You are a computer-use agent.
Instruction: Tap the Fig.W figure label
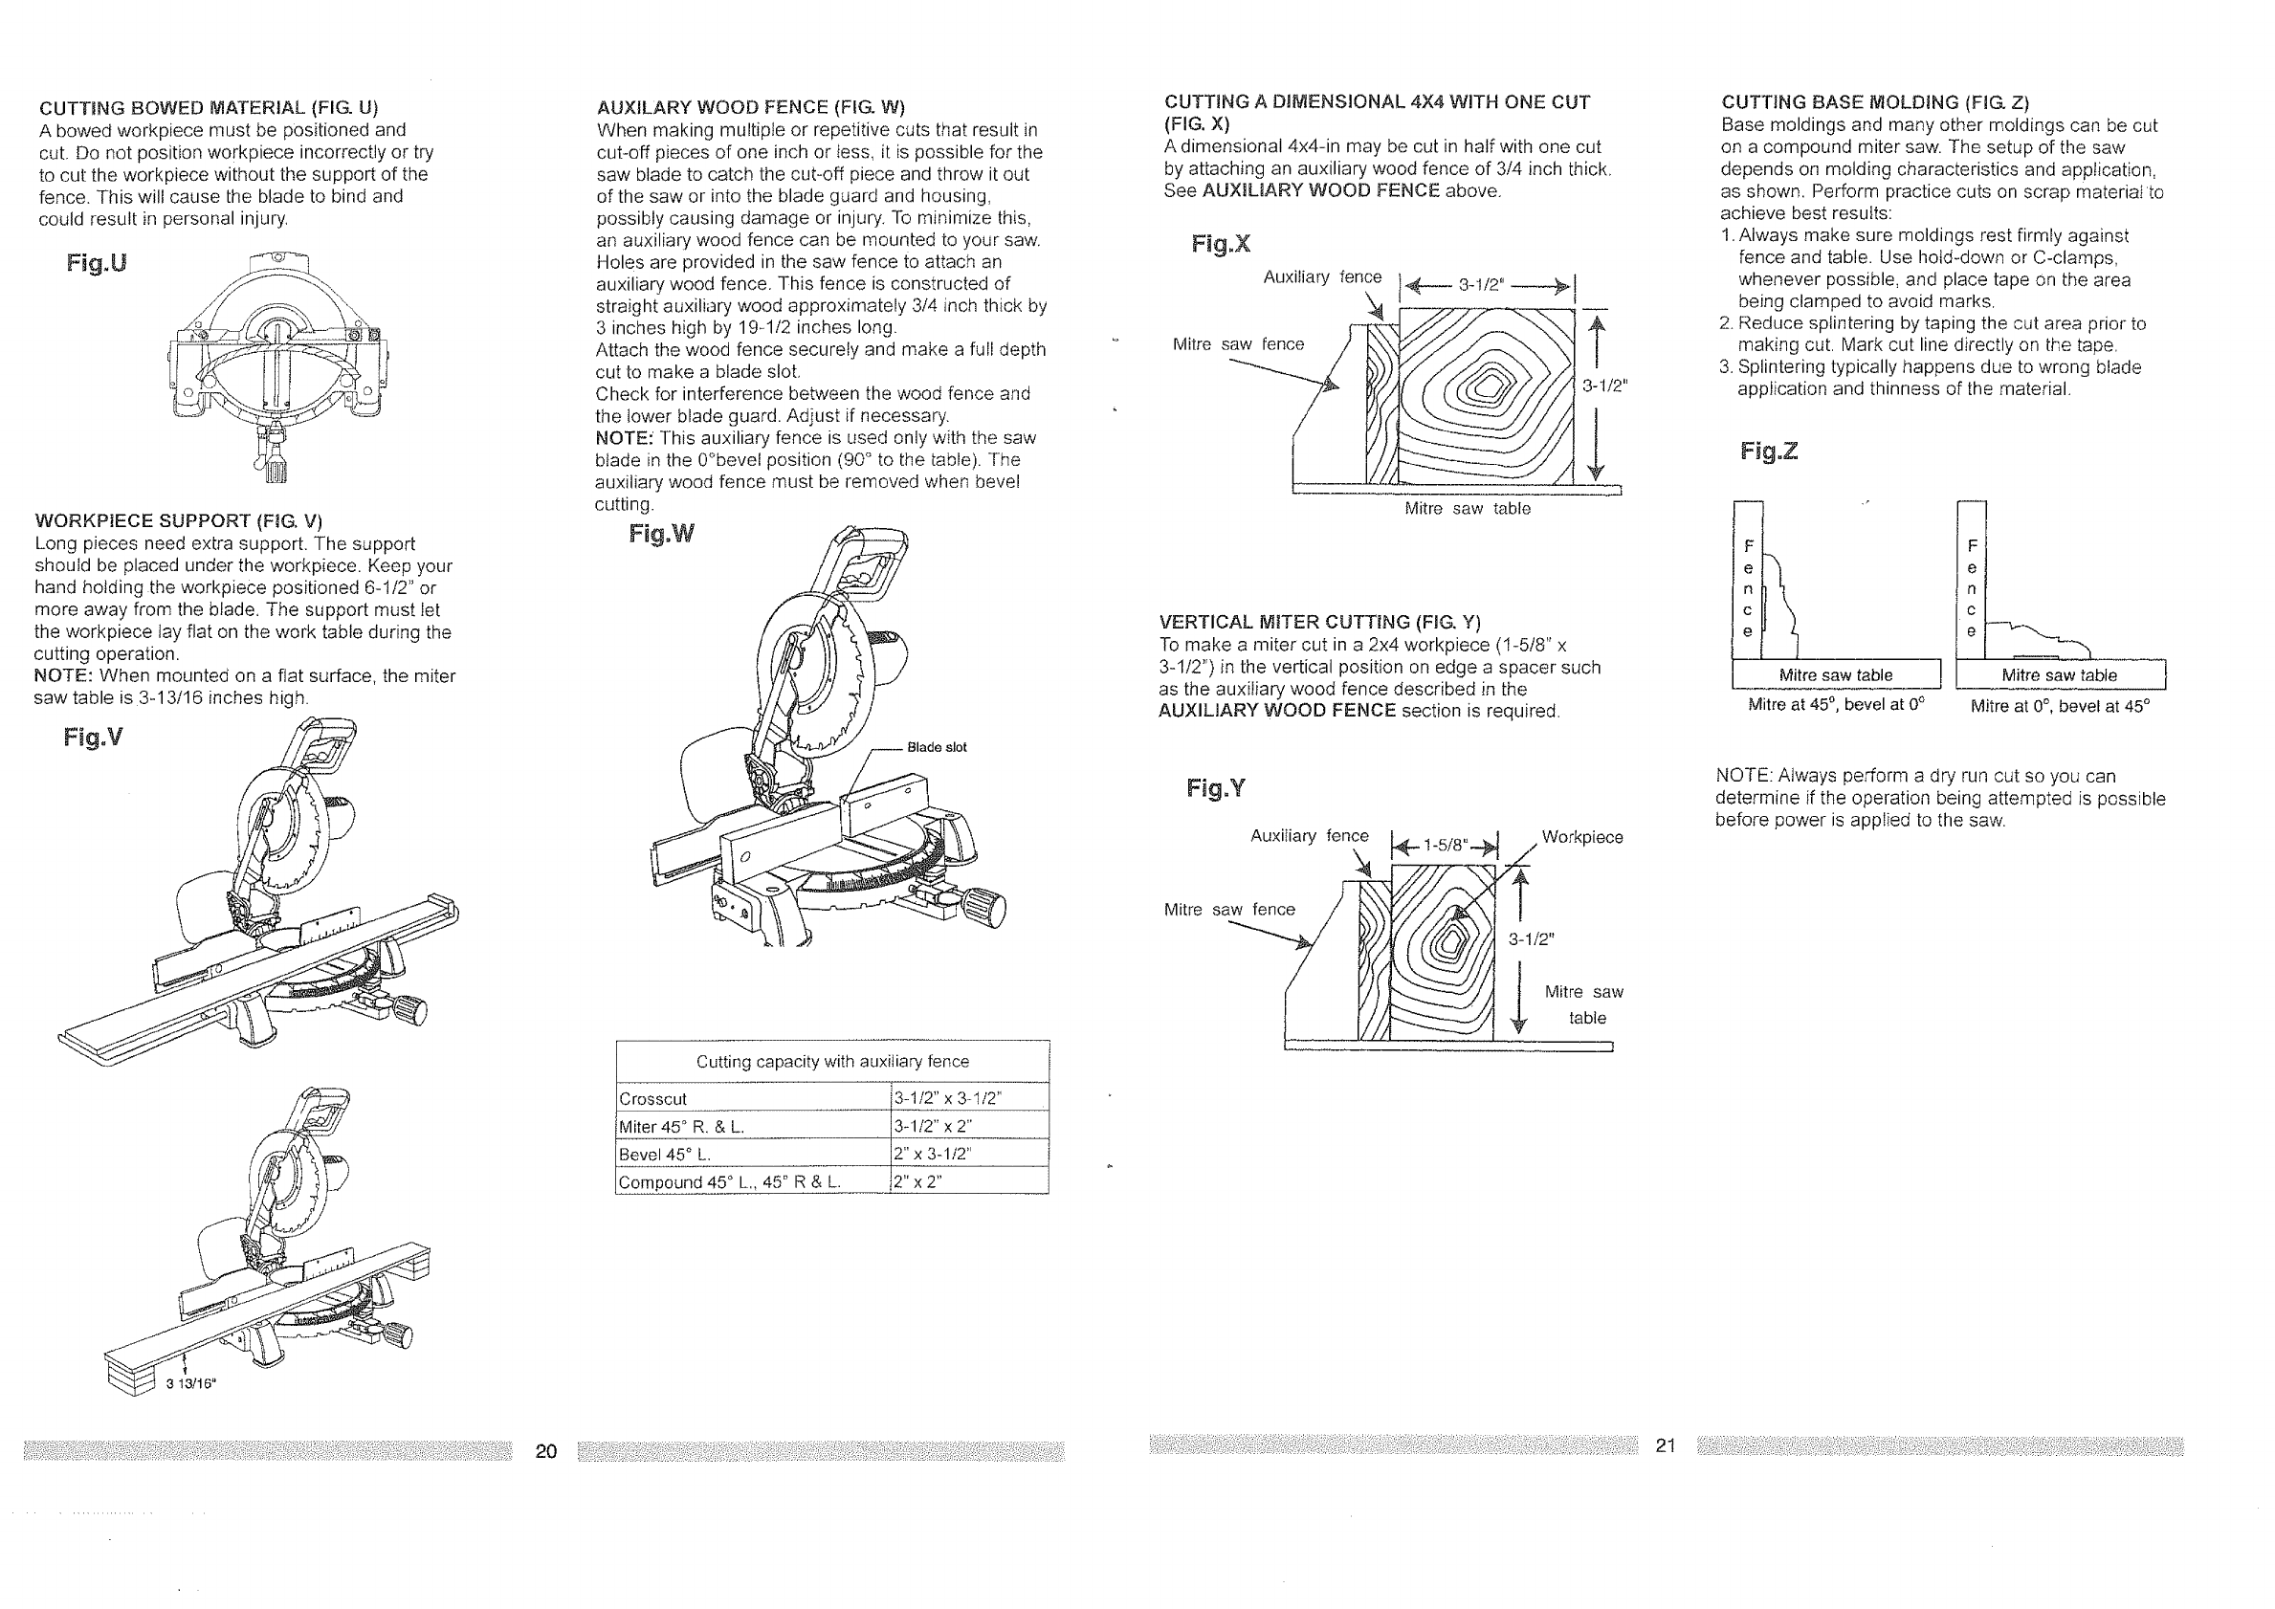click(661, 534)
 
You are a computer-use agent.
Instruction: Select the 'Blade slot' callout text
click(937, 747)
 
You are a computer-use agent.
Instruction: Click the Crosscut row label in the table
click(653, 1099)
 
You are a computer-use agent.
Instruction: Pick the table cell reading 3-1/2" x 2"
click(934, 1127)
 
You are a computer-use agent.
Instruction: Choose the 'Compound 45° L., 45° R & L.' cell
click(729, 1182)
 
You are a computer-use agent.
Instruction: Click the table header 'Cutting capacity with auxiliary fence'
click(832, 1061)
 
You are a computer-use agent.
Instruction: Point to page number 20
click(546, 1451)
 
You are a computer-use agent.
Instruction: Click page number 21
click(1665, 1445)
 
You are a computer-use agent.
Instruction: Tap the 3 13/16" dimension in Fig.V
click(190, 1384)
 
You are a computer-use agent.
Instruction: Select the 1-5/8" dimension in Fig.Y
click(1445, 845)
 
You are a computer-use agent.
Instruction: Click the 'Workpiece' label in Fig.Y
click(1582, 837)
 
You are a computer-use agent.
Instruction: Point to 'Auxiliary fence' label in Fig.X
click(1322, 277)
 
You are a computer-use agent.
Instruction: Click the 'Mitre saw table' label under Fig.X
click(1468, 508)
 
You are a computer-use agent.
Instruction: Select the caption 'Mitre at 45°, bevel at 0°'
click(1836, 705)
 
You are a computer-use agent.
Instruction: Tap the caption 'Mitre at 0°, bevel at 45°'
click(2060, 705)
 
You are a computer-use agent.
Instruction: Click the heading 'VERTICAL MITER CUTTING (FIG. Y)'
click(1320, 622)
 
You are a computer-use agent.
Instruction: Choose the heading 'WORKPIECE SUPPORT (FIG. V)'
click(178, 521)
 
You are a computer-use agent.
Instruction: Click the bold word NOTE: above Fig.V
click(63, 675)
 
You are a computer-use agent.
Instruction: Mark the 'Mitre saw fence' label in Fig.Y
click(1228, 910)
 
